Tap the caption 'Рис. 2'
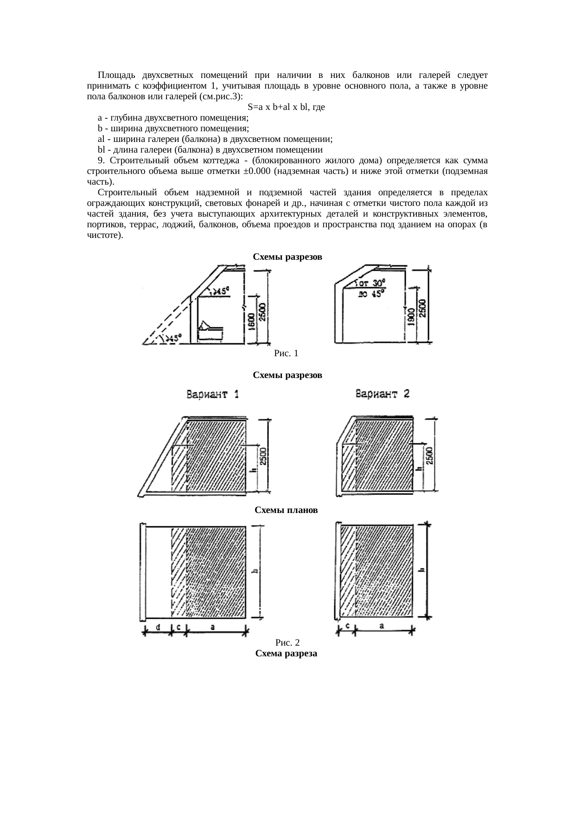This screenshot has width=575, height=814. [x=287, y=643]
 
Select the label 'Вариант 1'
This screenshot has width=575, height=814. [x=213, y=395]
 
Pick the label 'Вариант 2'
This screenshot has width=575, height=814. [x=383, y=394]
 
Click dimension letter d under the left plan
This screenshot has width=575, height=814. [x=158, y=627]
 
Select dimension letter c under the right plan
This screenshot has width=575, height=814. [x=347, y=626]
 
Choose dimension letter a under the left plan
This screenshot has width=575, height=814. [x=213, y=627]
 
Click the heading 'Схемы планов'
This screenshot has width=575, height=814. [x=287, y=510]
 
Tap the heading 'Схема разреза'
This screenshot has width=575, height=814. [x=286, y=654]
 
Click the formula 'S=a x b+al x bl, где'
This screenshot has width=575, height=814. [x=286, y=107]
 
